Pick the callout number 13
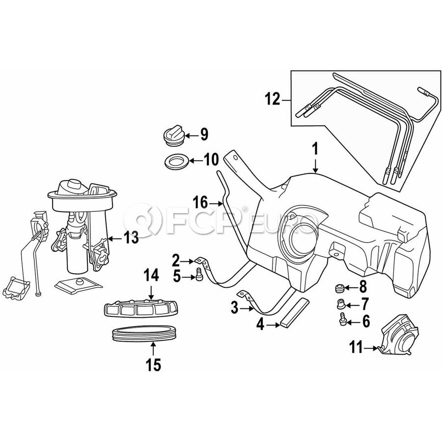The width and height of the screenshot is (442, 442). click(x=131, y=239)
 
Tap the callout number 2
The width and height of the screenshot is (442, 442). click(x=175, y=259)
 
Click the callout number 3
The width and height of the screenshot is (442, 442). click(x=234, y=308)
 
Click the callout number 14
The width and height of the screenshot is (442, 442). click(x=151, y=276)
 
